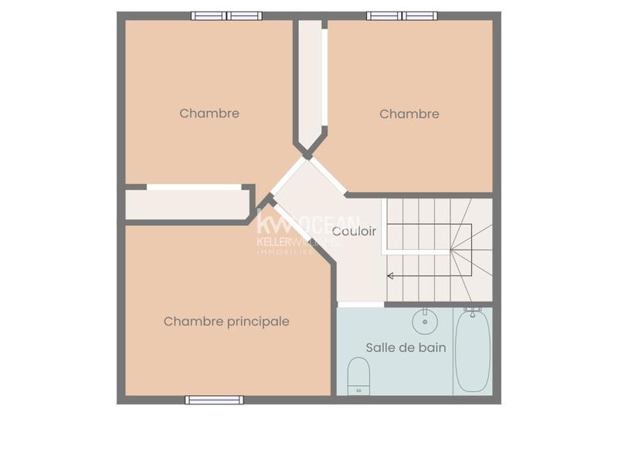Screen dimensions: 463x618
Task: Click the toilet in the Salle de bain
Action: [x=358, y=376]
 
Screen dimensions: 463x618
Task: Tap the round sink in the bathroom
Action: [x=423, y=319]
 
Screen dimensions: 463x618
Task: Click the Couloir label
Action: [x=354, y=231]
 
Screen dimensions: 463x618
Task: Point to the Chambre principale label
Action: [x=226, y=321]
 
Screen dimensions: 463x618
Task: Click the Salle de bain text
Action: [x=406, y=347]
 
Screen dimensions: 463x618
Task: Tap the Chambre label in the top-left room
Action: [x=209, y=113]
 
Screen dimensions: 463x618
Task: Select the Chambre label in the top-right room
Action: [x=409, y=114]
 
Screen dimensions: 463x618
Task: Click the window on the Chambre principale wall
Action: [x=214, y=400]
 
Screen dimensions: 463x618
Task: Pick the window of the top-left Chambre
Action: [x=226, y=15]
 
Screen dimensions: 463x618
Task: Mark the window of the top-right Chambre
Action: [x=402, y=15]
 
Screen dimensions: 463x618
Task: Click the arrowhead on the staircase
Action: [x=390, y=275]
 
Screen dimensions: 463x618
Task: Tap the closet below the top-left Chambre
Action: [x=188, y=204]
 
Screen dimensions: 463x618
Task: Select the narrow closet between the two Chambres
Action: [x=311, y=81]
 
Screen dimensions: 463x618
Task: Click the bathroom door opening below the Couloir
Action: [x=361, y=304]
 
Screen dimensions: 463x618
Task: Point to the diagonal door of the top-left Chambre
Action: [x=287, y=177]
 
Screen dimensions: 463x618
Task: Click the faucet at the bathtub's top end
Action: [x=470, y=313]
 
